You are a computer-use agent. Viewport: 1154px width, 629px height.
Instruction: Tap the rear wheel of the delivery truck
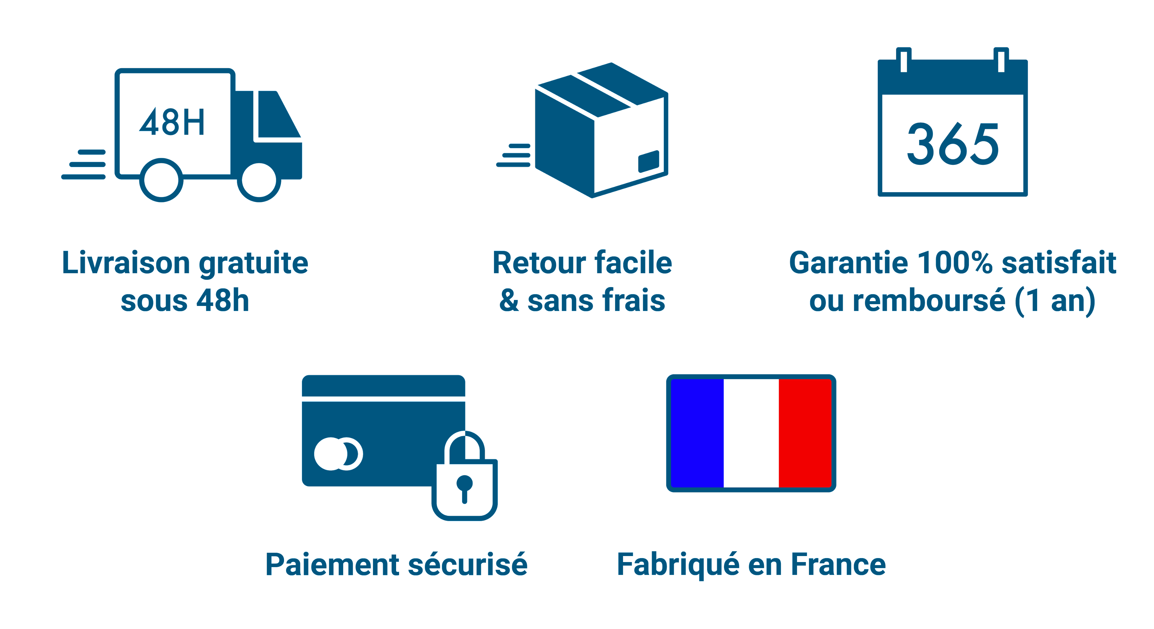pyautogui.click(x=161, y=180)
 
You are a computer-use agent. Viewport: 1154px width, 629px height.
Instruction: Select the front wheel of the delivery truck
pyautogui.click(x=259, y=180)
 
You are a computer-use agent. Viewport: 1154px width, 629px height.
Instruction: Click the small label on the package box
pyautogui.click(x=649, y=161)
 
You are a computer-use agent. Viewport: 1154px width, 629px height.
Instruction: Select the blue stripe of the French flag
pyautogui.click(x=697, y=433)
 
